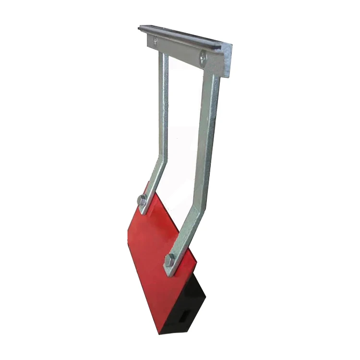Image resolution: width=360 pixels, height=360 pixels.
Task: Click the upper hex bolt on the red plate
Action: (142, 200)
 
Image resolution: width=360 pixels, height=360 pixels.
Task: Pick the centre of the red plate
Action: (158, 250)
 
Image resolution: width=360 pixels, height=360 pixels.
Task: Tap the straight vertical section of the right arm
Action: (211, 125)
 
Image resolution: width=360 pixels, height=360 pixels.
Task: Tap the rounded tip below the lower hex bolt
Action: (168, 272)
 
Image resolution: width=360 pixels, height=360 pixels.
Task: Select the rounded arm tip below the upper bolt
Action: (141, 209)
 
